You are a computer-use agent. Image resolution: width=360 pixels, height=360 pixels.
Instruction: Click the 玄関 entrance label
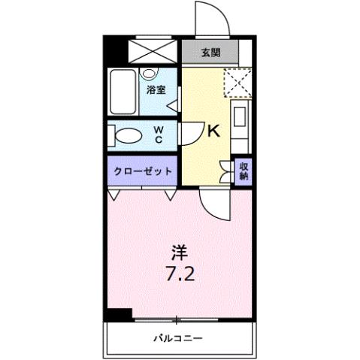pyautogui.click(x=210, y=53)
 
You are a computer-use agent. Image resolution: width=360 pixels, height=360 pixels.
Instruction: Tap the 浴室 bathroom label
pyautogui.click(x=156, y=89)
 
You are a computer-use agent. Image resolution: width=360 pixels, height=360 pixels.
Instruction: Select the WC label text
pyautogui.click(x=159, y=135)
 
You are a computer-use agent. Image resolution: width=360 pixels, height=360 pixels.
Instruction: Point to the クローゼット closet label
pyautogui.click(x=143, y=171)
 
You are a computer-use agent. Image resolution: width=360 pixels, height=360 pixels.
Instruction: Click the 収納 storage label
pyautogui.click(x=244, y=171)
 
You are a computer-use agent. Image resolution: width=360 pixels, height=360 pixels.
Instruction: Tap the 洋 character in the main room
pyautogui.click(x=180, y=250)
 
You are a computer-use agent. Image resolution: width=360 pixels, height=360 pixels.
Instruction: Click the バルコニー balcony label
pyautogui.click(x=179, y=337)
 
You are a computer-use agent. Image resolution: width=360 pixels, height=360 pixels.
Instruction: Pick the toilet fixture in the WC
pyautogui.click(x=128, y=136)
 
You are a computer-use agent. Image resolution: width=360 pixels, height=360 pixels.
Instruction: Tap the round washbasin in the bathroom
pyautogui.click(x=149, y=74)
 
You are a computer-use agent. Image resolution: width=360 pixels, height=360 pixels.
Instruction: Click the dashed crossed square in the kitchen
pyautogui.click(x=238, y=83)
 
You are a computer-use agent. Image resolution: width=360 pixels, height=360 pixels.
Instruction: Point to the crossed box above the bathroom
pyautogui.click(x=152, y=51)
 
